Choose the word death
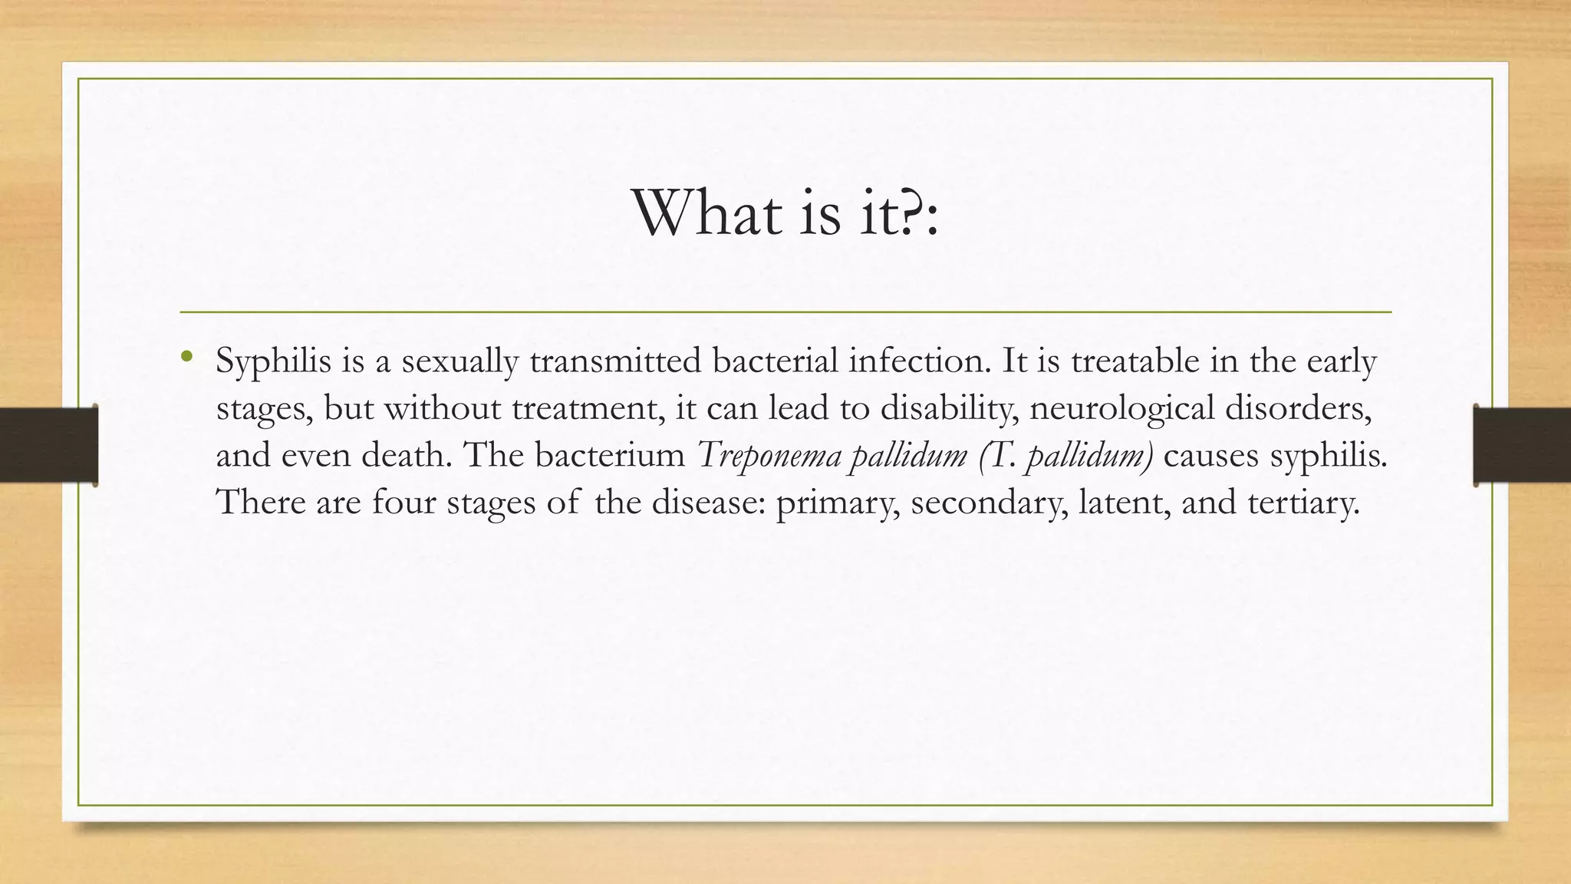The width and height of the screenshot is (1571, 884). [x=407, y=455]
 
